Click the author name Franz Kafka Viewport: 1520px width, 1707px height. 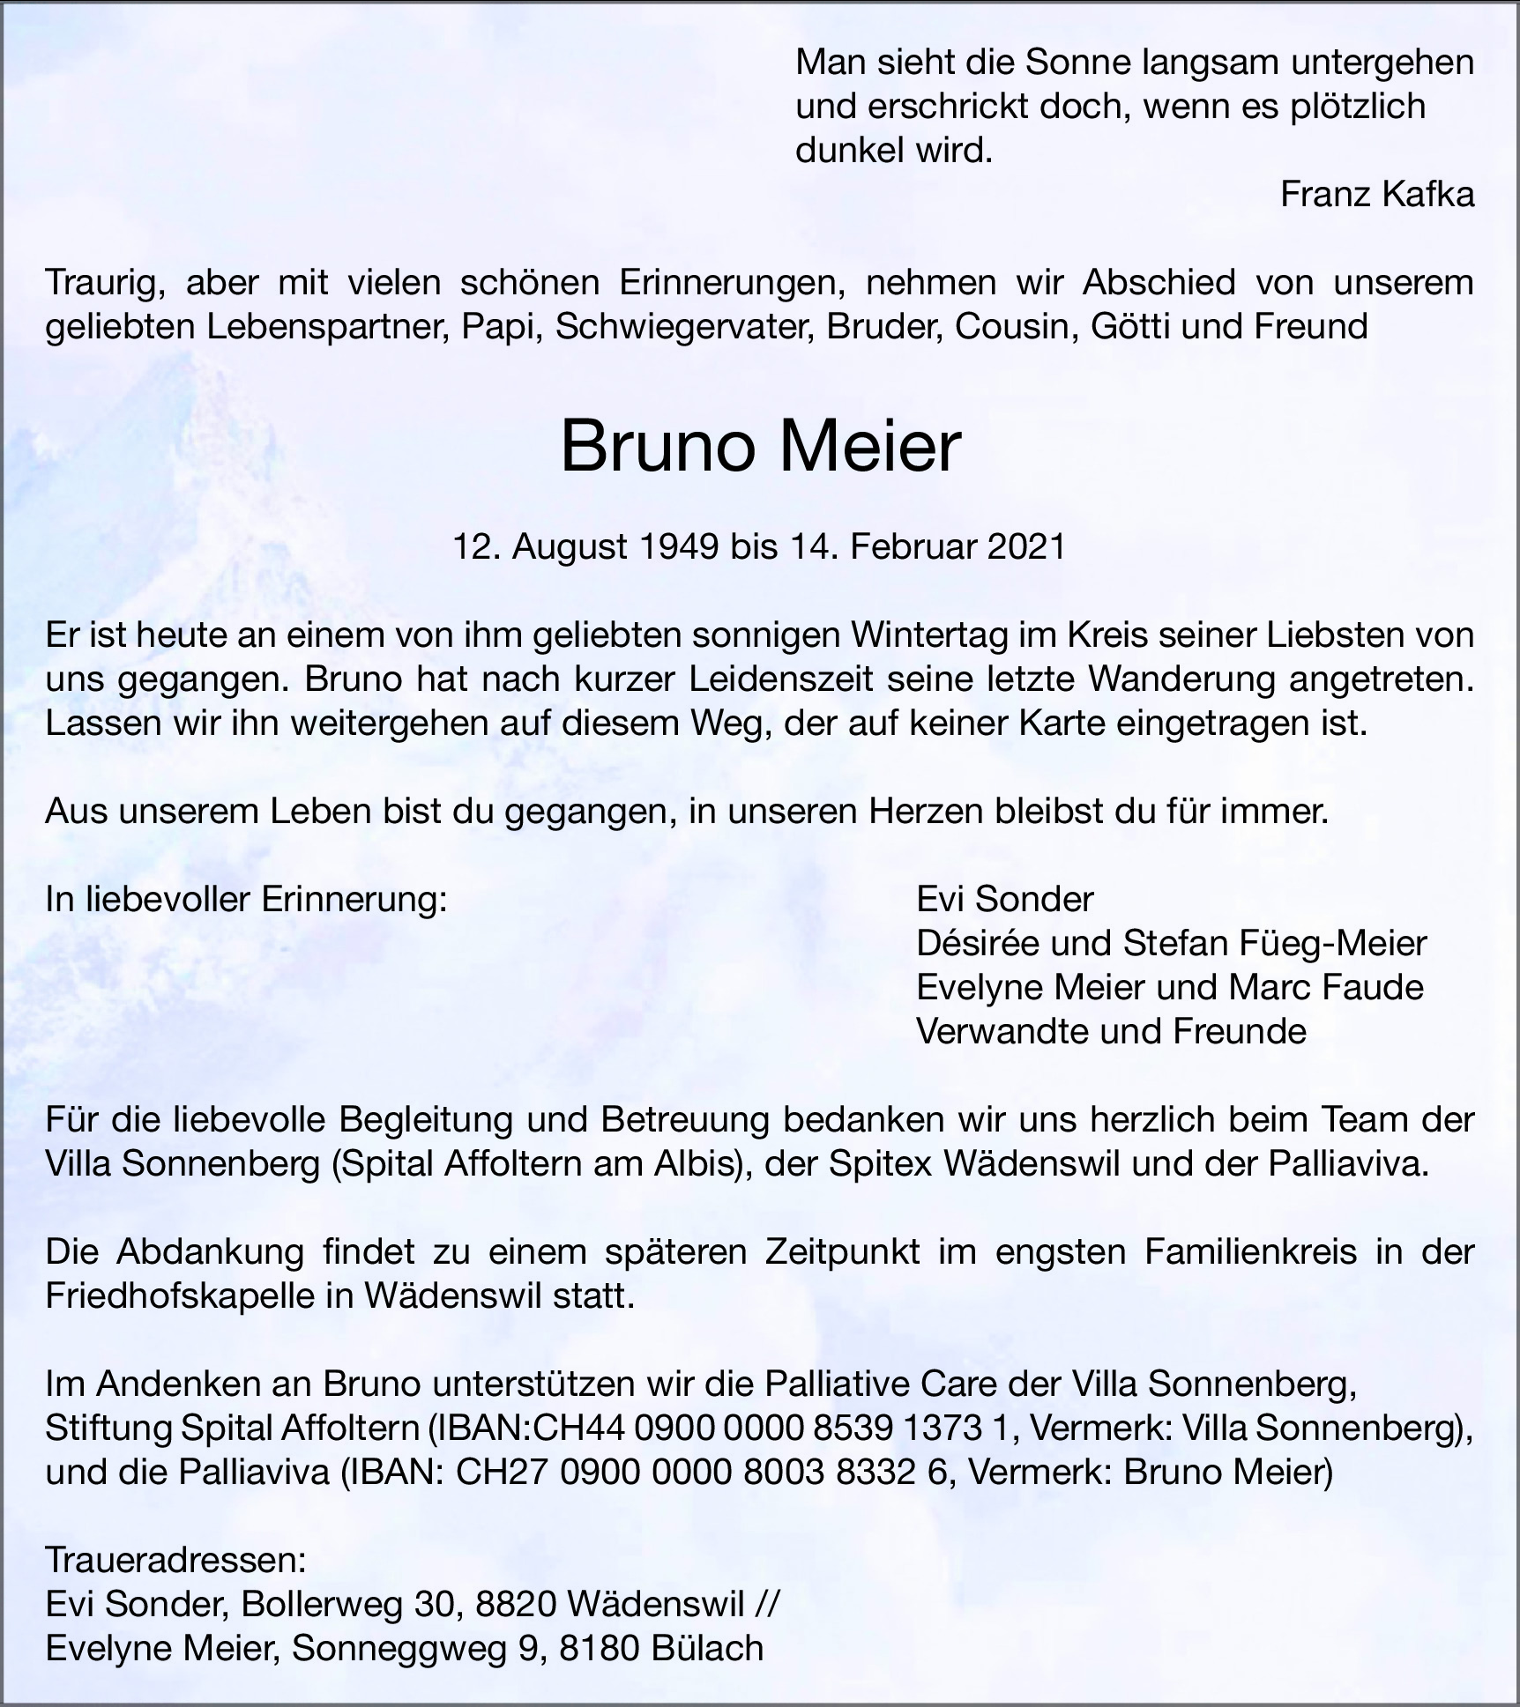point(1376,195)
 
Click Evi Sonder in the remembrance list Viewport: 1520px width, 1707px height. point(1004,900)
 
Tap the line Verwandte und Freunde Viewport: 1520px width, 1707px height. point(1111,1032)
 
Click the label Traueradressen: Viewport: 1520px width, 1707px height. point(175,1561)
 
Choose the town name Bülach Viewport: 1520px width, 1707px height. point(707,1649)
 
